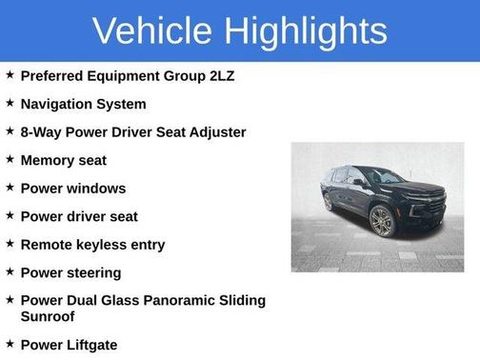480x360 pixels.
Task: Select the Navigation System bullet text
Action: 83,104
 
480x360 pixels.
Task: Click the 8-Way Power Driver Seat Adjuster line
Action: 132,131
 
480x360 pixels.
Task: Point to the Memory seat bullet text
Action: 63,160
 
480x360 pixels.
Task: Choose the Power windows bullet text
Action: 72,189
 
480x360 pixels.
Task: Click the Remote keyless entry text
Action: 92,245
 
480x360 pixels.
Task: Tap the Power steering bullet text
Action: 70,272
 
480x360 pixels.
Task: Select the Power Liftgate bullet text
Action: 70,344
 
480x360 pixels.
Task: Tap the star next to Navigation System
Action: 10,102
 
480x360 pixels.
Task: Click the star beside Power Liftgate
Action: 10,342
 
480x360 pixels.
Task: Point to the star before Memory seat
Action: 10,158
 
